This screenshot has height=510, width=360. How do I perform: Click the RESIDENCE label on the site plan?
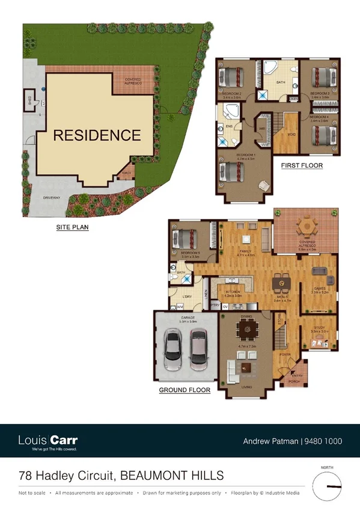[x=97, y=135]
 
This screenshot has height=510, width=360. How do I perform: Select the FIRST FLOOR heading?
[x=302, y=165]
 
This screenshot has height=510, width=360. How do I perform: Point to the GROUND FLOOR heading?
[x=185, y=390]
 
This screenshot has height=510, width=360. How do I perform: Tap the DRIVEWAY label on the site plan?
[x=52, y=196]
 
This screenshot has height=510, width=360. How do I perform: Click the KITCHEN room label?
[x=233, y=292]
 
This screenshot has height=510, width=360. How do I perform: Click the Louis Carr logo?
[x=48, y=441]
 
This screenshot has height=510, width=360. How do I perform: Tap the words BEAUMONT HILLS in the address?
[x=172, y=476]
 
